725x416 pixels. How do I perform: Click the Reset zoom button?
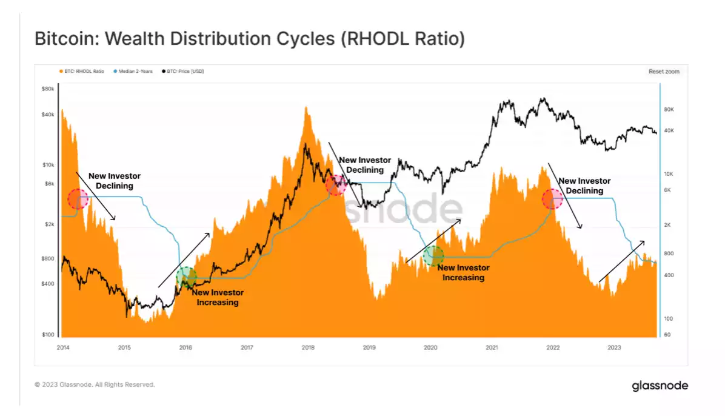[x=664, y=72]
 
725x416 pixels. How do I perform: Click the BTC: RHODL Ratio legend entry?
[x=82, y=72]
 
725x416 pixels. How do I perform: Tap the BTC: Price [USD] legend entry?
[x=183, y=72]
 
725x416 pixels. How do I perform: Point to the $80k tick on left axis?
[x=48, y=89]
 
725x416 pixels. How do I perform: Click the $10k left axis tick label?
[x=48, y=165]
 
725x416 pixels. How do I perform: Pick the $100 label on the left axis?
[x=48, y=335]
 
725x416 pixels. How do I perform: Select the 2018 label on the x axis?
[x=308, y=347]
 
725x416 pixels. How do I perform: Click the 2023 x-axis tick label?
[x=614, y=347]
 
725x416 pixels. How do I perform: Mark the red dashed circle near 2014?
[x=78, y=198]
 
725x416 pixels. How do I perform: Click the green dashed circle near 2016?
[x=186, y=277]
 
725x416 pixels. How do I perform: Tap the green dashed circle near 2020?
[x=433, y=255]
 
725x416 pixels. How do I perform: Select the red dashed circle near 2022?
[x=552, y=198]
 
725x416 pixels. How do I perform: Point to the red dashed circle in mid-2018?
[x=335, y=184]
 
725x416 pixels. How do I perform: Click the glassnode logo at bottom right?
[x=660, y=385]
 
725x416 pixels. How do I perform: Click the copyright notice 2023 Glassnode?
[x=95, y=384]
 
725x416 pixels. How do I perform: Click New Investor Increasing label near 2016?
[x=218, y=297]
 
